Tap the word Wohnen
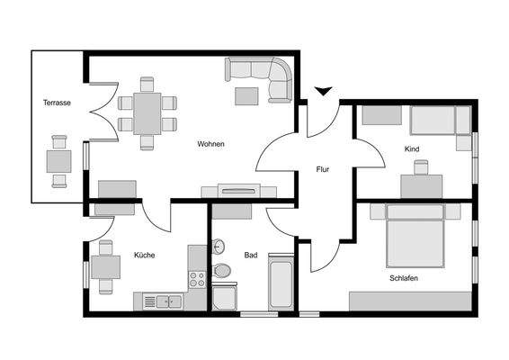[x=211, y=144]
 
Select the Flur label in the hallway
[x=323, y=168]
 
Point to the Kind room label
[x=412, y=148]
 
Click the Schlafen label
[x=404, y=278]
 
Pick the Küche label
[x=144, y=255]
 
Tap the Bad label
[x=251, y=255]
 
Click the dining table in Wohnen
[x=147, y=113]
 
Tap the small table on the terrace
[x=59, y=161]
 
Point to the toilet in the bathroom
[x=222, y=270]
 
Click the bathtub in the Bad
[x=281, y=282]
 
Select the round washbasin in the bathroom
[x=219, y=247]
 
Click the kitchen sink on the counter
[x=166, y=301]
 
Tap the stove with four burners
[x=197, y=278]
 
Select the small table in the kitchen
[x=105, y=267]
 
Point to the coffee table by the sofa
[x=246, y=94]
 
